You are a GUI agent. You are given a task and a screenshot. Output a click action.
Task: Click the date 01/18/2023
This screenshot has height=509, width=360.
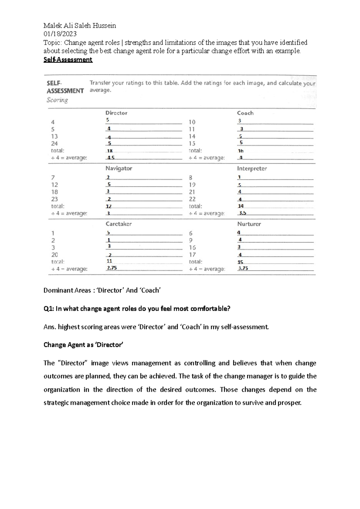60,34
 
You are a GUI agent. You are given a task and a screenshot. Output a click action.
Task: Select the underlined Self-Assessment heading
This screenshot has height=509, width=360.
68,60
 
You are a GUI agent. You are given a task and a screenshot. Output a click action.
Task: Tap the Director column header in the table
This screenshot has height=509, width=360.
116,113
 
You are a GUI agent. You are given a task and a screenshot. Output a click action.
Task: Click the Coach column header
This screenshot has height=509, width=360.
245,113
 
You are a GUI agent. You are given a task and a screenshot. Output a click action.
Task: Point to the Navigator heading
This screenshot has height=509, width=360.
119,168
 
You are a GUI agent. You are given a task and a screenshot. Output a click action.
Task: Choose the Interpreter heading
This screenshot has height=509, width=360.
252,168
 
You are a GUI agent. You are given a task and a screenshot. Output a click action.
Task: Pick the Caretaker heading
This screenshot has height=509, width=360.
118,224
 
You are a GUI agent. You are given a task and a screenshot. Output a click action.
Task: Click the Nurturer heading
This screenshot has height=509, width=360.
249,224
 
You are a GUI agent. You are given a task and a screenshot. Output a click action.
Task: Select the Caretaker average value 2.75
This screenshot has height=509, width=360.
112,268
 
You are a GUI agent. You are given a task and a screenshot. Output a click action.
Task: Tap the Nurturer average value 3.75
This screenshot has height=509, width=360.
243,268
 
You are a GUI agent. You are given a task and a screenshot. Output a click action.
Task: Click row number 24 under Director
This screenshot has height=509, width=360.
54,144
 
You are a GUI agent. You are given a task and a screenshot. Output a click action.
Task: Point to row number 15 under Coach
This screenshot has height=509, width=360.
192,144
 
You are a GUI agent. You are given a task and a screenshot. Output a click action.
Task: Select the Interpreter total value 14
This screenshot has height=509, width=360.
241,206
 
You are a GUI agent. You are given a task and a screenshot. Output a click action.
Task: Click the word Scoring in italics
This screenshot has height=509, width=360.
57,100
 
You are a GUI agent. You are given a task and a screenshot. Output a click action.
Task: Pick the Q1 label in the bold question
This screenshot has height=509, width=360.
49,309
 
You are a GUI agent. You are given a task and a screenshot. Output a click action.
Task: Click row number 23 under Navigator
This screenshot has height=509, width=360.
54,199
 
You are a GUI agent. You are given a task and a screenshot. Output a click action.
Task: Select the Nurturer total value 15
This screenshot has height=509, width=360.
240,262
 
